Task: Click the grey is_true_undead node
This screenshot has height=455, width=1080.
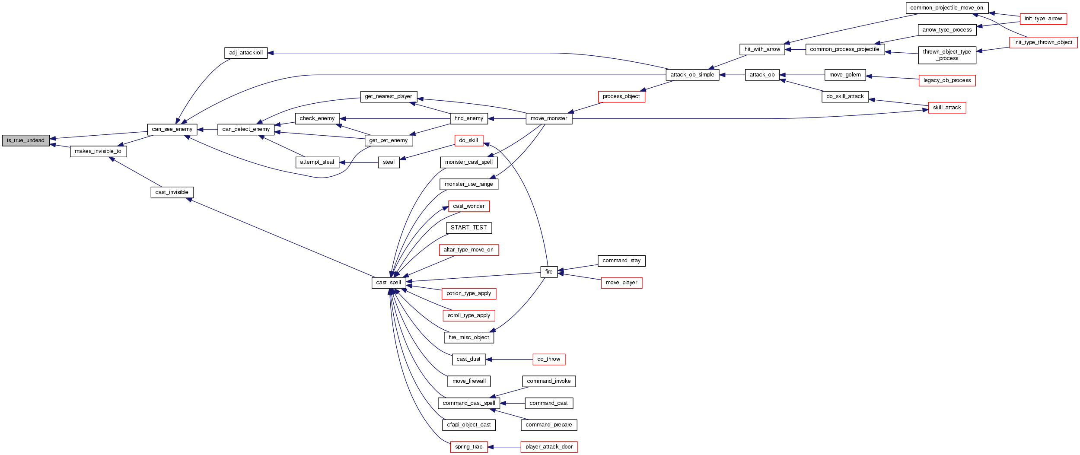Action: point(26,140)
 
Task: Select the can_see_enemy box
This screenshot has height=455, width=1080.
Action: point(172,129)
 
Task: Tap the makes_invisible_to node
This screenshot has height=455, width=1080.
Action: point(98,151)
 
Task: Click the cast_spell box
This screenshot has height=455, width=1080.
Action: point(389,283)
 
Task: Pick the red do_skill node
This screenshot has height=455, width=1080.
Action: point(468,140)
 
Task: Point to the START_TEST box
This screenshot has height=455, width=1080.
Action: point(468,228)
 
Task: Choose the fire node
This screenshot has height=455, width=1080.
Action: point(549,272)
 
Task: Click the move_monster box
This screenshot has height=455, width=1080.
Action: point(549,118)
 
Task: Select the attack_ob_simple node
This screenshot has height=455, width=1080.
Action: point(692,75)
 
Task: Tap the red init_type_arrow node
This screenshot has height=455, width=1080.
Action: point(1043,19)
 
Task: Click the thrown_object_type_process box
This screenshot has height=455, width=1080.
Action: point(947,55)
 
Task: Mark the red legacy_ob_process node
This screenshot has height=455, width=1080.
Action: point(947,80)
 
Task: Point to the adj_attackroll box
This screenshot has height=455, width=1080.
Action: point(246,53)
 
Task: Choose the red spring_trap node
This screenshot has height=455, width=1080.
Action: point(468,447)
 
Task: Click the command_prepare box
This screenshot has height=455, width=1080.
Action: point(549,425)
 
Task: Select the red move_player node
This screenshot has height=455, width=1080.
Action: point(621,283)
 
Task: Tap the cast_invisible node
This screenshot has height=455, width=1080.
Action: point(172,192)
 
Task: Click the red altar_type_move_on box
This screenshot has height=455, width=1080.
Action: point(468,250)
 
